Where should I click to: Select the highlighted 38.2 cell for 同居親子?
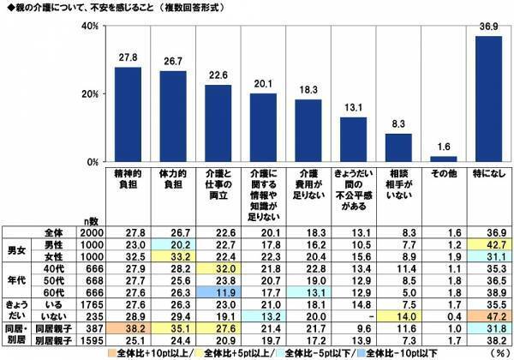[x=128, y=329]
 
